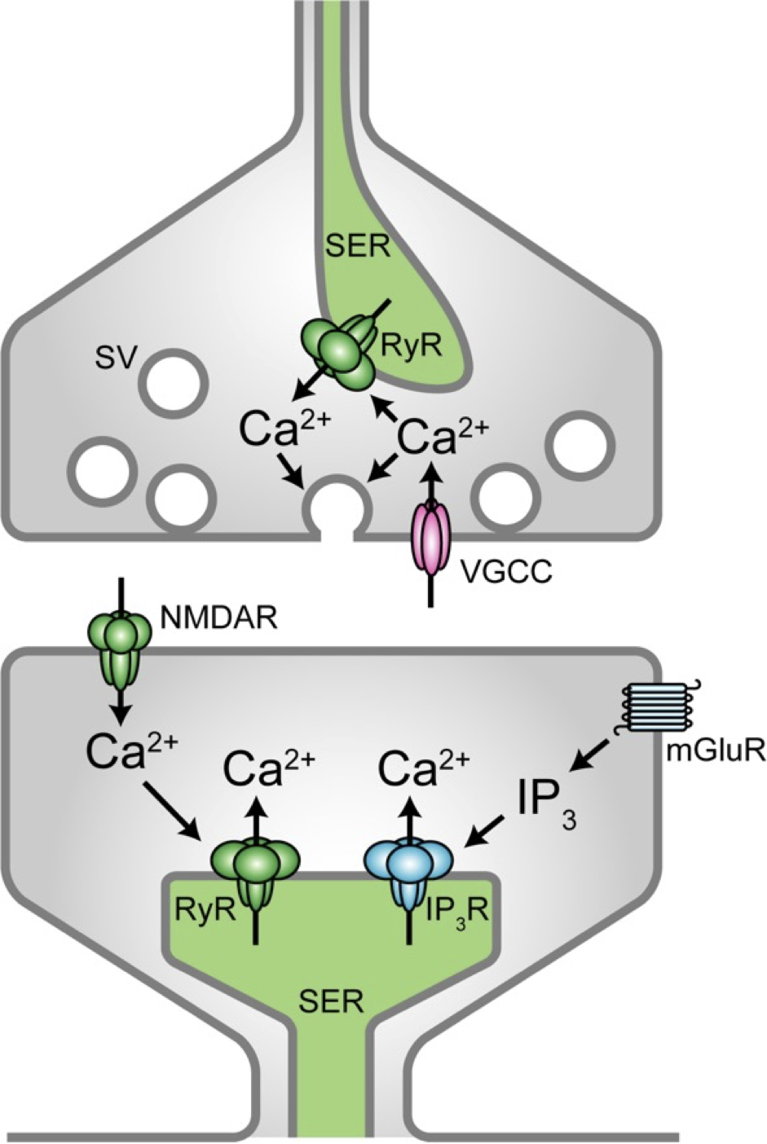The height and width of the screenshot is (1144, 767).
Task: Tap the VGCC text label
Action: [505, 572]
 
